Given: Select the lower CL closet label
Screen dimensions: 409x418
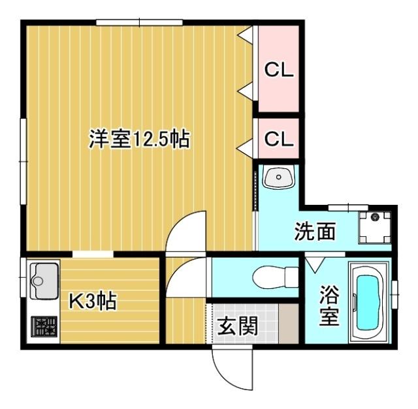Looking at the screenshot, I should (278, 140).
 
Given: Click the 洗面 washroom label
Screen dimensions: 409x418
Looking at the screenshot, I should (315, 232).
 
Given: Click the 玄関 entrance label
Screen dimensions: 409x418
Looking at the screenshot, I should (238, 324).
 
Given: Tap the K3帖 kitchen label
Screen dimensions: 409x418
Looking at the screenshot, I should (93, 301).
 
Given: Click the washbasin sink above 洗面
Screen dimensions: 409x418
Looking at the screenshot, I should (279, 177).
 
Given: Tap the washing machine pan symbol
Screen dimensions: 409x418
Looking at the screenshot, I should (376, 226).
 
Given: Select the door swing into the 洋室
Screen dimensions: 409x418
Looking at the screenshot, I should (185, 232).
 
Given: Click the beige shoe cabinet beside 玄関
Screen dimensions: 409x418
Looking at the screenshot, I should (287, 322).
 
